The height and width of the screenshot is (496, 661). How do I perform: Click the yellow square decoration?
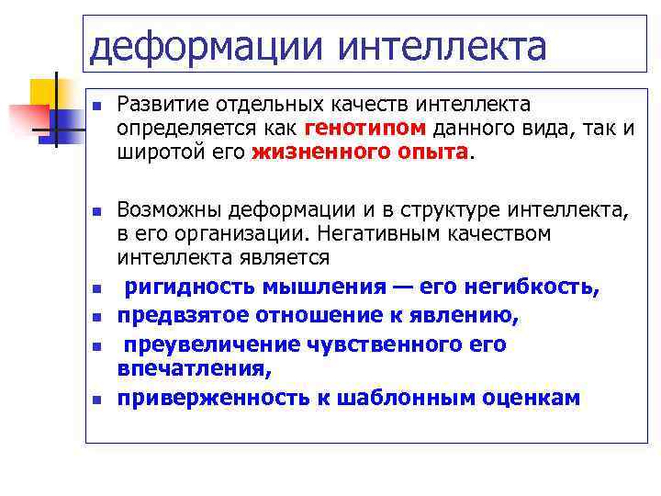(44, 92)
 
